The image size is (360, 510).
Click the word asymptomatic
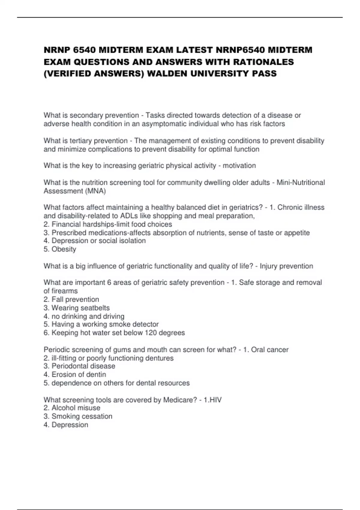[x=162, y=124]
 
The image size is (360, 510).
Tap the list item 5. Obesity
[x=60, y=249]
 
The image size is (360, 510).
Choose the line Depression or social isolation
[x=95, y=241]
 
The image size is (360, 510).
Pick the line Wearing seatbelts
[x=77, y=308]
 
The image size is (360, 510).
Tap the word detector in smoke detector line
[x=145, y=324]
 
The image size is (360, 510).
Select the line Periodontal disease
[x=79, y=366]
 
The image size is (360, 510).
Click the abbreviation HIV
[x=215, y=400]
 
